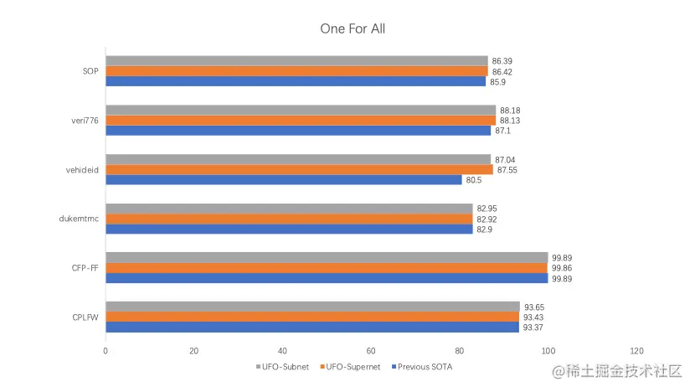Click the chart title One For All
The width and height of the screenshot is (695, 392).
click(x=353, y=28)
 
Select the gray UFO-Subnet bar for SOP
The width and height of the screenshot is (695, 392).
click(x=296, y=61)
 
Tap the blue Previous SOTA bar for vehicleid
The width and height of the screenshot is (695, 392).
click(x=283, y=179)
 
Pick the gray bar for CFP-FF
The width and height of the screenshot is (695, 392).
click(x=327, y=258)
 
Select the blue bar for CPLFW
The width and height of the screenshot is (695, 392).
click(x=312, y=328)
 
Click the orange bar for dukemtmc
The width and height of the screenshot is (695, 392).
click(x=289, y=219)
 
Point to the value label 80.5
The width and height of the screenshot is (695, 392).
click(x=476, y=180)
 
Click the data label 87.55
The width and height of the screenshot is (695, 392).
click(x=508, y=170)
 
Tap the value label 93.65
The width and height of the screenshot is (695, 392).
click(x=533, y=307)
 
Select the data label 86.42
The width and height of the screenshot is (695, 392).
click(x=503, y=72)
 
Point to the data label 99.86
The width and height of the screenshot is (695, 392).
click(x=562, y=268)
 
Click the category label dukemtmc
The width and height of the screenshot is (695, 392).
click(x=79, y=219)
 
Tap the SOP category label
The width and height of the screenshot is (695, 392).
click(x=90, y=72)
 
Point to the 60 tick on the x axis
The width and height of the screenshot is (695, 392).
click(x=371, y=350)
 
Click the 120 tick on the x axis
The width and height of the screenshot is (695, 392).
click(x=636, y=350)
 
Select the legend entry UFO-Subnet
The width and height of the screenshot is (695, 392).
click(x=281, y=367)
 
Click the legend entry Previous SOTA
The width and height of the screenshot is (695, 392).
click(x=425, y=367)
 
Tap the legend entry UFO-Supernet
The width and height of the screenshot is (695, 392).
click(x=351, y=367)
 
